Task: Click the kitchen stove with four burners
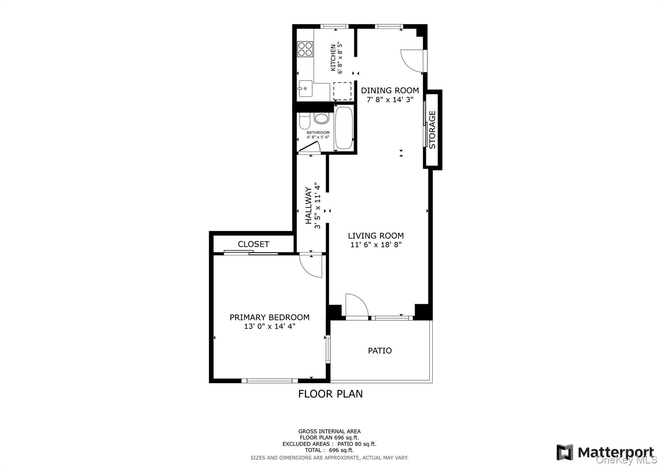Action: coord(305,49)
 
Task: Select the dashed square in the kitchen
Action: coord(342,91)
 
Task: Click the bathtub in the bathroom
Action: coord(344,128)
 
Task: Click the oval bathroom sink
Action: coord(321,118)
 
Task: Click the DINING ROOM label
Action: coord(390,90)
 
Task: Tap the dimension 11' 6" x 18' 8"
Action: coord(376,245)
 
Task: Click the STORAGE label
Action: coord(432,130)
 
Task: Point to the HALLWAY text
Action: coord(309,205)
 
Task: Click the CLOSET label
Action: coord(253,244)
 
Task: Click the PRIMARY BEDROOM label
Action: coord(269,317)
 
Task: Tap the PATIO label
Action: coord(380,350)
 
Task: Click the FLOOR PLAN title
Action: coord(330,394)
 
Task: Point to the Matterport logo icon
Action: coord(564,452)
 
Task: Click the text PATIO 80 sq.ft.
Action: coord(357,444)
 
